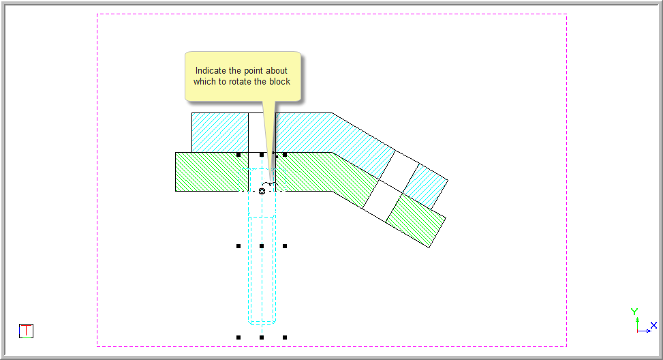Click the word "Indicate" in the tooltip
211,71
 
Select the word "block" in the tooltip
280,82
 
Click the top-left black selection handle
238,155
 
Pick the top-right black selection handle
285,155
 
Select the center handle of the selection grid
262,246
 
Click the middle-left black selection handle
238,246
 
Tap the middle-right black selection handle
285,246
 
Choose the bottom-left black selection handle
238,337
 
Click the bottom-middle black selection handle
262,337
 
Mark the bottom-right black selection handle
285,337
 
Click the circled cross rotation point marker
262,191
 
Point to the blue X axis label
653,325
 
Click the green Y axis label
634,312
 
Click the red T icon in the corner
26,331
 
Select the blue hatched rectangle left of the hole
220,132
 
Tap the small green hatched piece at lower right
416,220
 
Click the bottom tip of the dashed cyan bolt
262,325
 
